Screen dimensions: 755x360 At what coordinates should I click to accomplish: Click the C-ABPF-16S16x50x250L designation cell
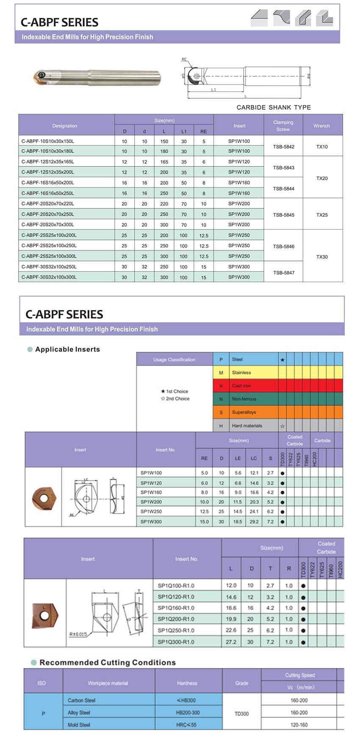pos(48,193)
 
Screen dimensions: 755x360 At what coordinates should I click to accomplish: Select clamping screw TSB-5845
pos(283,215)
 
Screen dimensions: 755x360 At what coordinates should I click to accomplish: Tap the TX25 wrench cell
pos(322,215)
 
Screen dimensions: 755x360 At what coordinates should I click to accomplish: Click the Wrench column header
pos(321,126)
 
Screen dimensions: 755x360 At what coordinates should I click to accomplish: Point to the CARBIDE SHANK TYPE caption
pos(274,107)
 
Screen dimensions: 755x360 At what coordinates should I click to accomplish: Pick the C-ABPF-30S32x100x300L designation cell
pos(49,277)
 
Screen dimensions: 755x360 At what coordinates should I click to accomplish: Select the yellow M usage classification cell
pos(221,372)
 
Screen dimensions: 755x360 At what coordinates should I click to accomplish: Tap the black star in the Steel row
pos(282,360)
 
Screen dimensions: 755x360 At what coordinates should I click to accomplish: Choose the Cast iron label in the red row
pos(241,386)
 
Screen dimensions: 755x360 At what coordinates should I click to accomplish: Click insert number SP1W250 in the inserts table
pos(151,511)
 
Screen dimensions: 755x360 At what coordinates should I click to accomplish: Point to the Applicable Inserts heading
pos(67,349)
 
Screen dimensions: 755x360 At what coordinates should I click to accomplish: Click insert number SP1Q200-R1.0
pos(176,619)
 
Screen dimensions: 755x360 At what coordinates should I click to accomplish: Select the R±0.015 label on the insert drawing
pos(78,634)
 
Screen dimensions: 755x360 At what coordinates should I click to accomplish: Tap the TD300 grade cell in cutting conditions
pos(241,713)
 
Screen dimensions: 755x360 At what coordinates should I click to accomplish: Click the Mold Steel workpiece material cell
pos(79,725)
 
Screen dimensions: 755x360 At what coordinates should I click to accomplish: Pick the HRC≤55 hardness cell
pos(186,725)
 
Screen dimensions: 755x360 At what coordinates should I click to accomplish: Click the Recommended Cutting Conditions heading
pos(107,662)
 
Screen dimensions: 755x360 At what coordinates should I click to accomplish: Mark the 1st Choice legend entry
pos(175,391)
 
